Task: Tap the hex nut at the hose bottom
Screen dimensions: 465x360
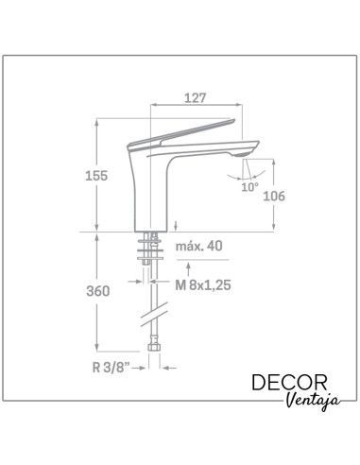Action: [154, 361]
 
